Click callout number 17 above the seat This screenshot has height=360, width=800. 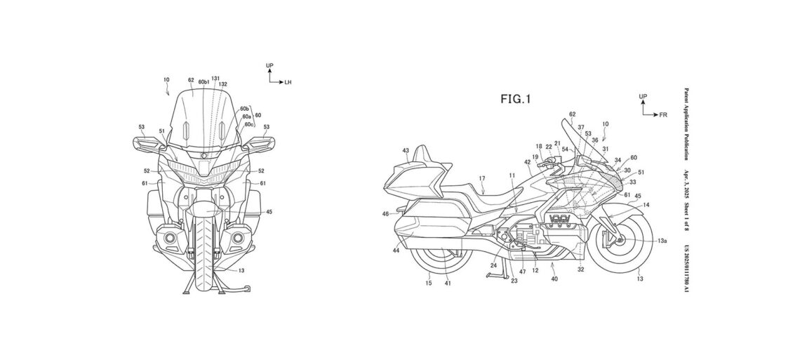(x=481, y=179)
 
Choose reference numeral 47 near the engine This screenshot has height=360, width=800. (x=522, y=270)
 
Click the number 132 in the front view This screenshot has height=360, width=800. (x=223, y=84)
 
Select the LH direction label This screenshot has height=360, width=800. (x=288, y=82)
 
